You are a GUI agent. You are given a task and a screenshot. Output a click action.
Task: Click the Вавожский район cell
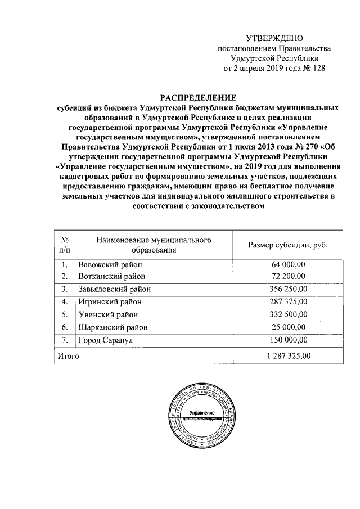[110, 264]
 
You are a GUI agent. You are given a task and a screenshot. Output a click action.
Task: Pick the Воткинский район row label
[112, 277]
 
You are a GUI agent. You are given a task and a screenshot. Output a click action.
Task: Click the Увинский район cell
[108, 314]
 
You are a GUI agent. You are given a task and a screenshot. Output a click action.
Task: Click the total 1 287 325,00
[283, 355]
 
